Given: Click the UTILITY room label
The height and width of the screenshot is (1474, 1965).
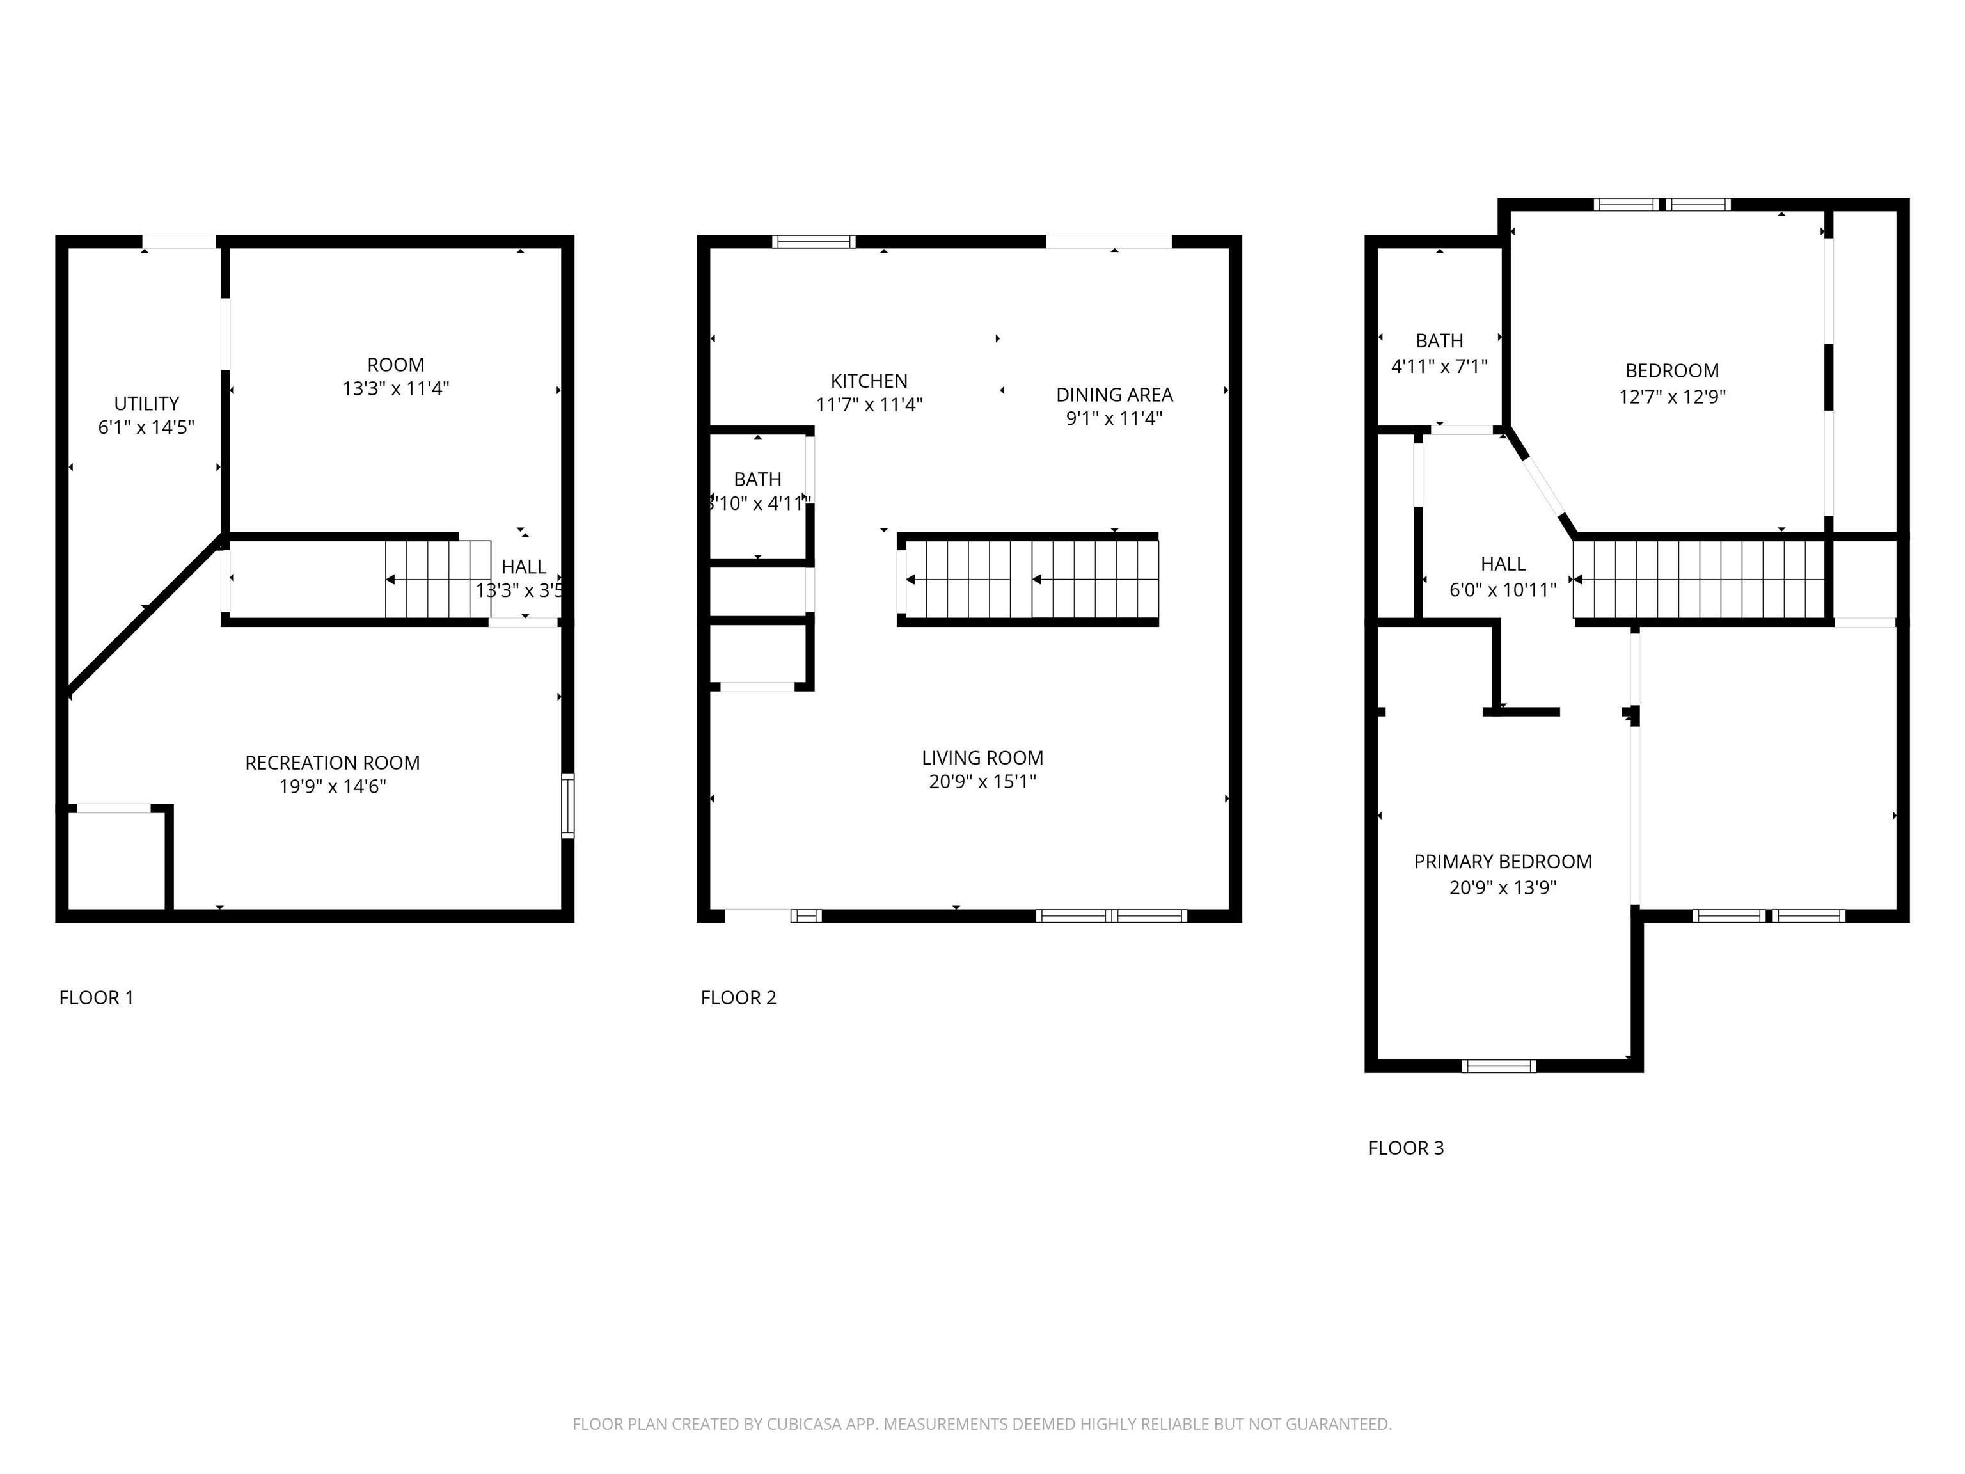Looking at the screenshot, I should pos(146,404).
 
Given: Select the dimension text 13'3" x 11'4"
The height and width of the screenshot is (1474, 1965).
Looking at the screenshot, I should pos(395,388).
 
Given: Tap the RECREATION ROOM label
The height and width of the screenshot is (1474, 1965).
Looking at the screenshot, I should pos(332,763).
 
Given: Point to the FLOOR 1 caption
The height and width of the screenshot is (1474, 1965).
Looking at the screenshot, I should pos(96,998).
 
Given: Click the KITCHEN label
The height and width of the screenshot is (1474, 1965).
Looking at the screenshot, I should pos(869,381).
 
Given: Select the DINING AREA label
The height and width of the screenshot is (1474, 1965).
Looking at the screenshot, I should pos(1114,395).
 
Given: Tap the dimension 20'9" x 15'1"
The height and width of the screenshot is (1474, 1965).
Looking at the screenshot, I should pos(982,782).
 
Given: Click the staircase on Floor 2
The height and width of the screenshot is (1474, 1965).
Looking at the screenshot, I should pos(1030,579).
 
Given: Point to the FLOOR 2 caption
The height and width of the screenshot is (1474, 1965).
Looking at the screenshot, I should pos(738,998).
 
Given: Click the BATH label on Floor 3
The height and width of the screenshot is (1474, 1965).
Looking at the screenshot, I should pos(1439,340).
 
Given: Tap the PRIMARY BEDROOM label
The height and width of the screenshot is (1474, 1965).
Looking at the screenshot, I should pos(1502,861).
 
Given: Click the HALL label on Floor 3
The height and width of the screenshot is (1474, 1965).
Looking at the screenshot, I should pos(1503,563).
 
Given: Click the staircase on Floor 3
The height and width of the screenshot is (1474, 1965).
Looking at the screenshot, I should pos(1698,579).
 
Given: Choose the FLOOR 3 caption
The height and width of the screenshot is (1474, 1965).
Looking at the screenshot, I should pos(1405,1148).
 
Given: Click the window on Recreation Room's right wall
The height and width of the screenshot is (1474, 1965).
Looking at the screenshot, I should pos(567,806).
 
